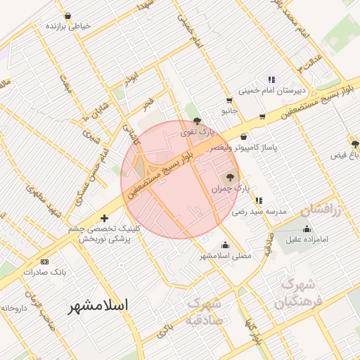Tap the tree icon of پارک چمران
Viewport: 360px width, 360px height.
[230, 176]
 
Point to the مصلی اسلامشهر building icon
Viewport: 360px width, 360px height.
[225, 245]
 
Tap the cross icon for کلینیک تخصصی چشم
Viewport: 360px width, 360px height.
[105, 219]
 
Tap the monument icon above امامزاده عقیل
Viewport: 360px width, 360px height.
[307, 229]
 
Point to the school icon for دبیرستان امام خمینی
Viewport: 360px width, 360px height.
[271, 79]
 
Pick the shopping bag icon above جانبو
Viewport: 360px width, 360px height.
[229, 101]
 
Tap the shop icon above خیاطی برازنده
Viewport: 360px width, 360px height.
[67, 15]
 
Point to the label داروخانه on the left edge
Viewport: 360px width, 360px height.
[13, 308]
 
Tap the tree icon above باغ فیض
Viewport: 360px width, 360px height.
[355, 143]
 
